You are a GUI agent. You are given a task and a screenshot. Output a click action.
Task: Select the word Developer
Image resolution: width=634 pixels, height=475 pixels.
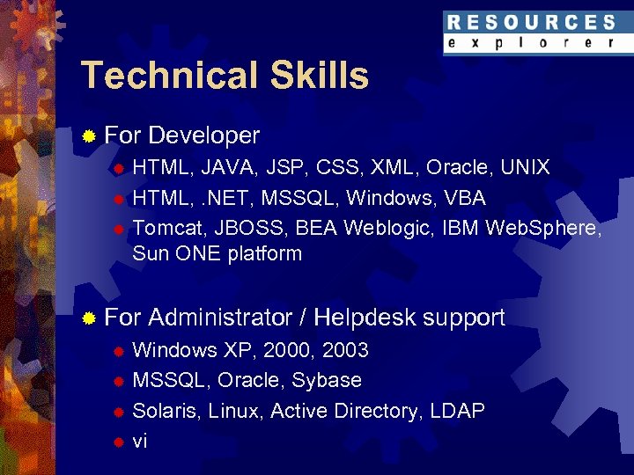(x=204, y=135)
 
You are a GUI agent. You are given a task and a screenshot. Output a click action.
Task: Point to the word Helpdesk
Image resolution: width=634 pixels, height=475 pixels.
(x=364, y=318)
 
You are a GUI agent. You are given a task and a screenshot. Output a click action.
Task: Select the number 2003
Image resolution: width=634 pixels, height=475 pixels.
(x=345, y=350)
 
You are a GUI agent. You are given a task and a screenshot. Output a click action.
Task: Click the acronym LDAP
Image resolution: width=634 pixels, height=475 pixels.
(x=458, y=412)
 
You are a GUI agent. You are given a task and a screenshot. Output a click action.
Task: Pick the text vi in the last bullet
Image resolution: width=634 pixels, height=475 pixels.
(x=139, y=442)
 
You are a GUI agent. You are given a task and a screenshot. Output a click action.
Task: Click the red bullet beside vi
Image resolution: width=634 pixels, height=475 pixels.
(x=116, y=442)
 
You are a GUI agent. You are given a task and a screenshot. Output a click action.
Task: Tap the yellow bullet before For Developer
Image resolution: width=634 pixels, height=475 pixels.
(x=87, y=136)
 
